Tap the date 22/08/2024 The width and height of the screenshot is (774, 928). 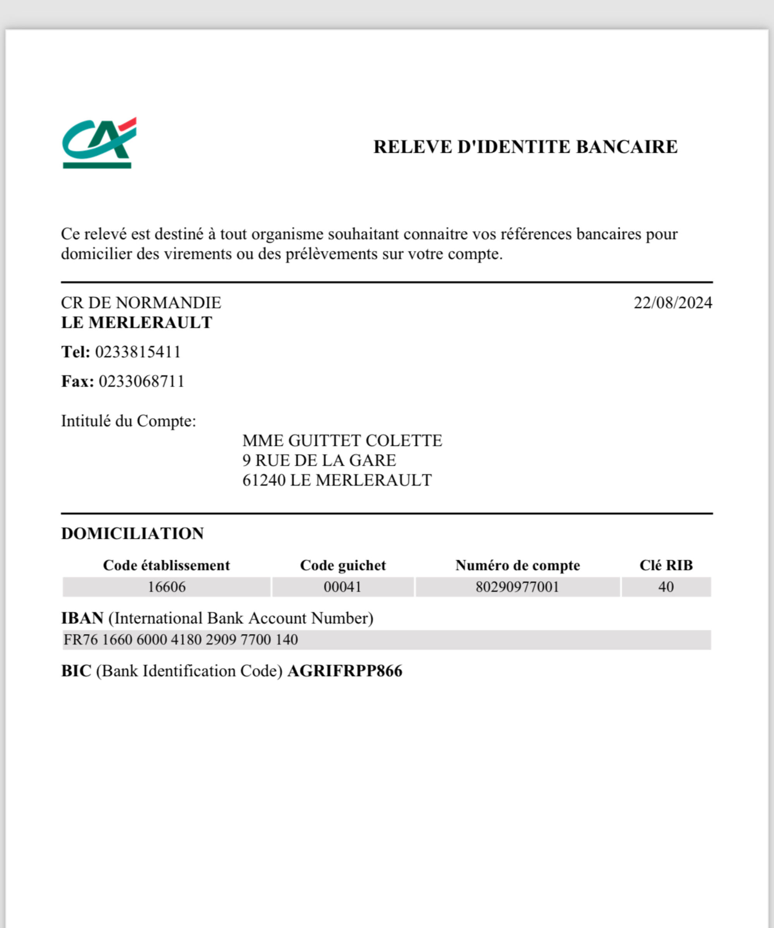click(x=672, y=303)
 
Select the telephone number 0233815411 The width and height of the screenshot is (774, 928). click(x=138, y=352)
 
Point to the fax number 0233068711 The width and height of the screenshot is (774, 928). click(x=141, y=381)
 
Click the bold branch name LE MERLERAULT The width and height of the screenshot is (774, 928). click(x=137, y=322)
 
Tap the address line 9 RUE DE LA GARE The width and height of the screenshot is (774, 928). click(x=319, y=461)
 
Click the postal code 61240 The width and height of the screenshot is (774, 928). click(x=264, y=480)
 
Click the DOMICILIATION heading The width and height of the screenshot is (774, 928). click(x=132, y=533)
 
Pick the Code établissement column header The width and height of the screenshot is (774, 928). click(x=166, y=565)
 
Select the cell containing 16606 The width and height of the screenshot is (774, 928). click(x=166, y=587)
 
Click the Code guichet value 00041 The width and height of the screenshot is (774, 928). click(x=342, y=587)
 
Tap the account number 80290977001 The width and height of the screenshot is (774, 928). click(x=517, y=587)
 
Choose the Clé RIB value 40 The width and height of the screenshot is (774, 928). click(x=666, y=587)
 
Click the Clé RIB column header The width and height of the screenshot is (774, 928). click(x=666, y=565)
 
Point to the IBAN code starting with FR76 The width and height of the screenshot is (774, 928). click(x=180, y=640)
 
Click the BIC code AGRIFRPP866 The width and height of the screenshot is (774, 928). click(x=344, y=671)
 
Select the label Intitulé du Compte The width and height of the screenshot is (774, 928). click(x=128, y=421)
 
